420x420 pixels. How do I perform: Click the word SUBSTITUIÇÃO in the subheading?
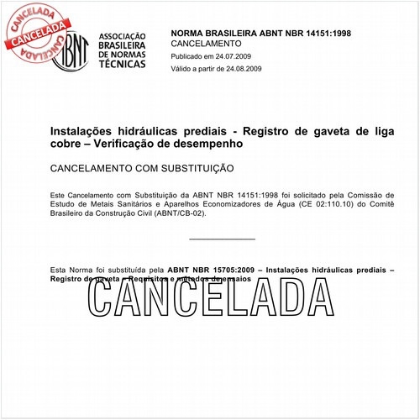tap(193, 168)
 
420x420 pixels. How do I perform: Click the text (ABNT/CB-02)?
tap(179, 213)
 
